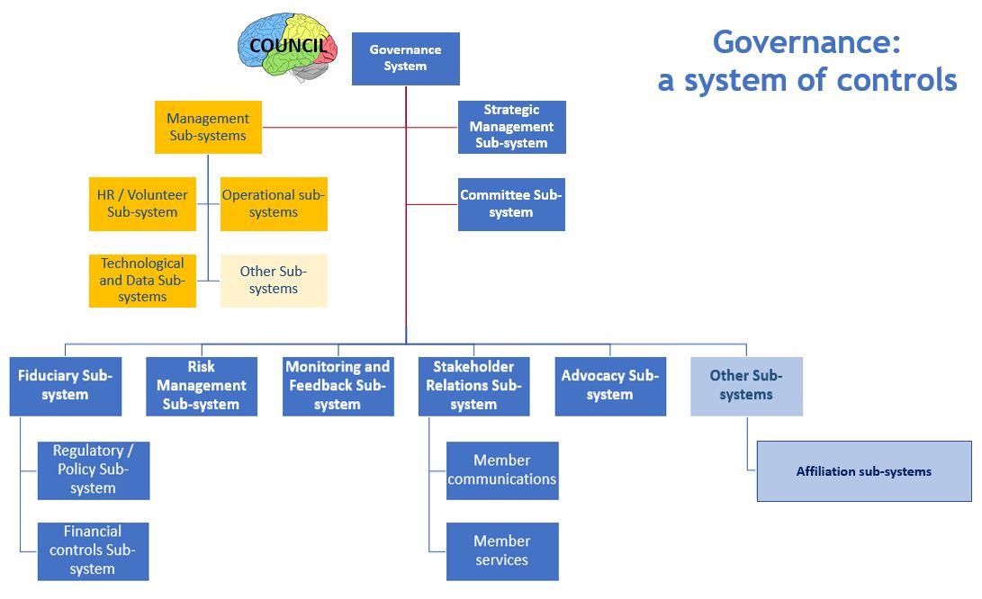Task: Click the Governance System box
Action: tap(405, 58)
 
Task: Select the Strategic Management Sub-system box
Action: tap(511, 127)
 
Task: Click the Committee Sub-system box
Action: tap(511, 204)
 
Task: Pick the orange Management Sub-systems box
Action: tap(208, 127)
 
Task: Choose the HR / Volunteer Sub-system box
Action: tap(142, 204)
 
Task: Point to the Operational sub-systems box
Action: tap(274, 204)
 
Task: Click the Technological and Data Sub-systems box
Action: tap(142, 281)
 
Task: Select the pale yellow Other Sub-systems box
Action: tap(274, 281)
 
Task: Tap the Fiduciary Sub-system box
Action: tap(65, 386)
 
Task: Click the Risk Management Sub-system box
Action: tap(202, 386)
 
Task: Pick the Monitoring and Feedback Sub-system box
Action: tap(338, 386)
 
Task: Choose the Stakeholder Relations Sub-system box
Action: tap(473, 386)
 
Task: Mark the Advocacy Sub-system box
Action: tap(610, 386)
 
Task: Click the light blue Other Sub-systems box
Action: tap(746, 386)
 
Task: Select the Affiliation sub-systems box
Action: tap(864, 470)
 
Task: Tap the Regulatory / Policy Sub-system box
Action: tap(93, 470)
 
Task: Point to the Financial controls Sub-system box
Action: tap(93, 550)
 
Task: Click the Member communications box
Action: tap(502, 470)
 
